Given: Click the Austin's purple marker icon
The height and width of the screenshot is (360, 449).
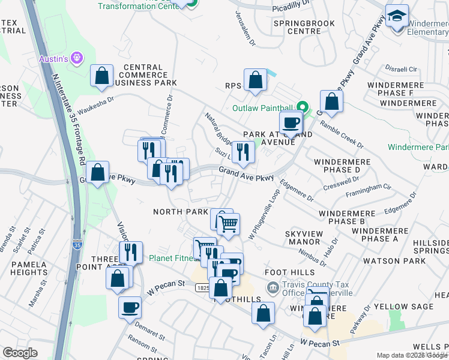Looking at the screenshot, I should [x=76, y=58].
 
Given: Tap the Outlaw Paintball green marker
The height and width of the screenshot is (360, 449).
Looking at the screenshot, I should [x=303, y=108].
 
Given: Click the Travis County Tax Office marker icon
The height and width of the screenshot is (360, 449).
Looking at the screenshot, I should [x=273, y=288].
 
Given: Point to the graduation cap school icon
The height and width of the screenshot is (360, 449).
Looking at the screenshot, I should [x=397, y=16].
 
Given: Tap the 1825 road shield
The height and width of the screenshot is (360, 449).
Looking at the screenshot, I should [x=202, y=289].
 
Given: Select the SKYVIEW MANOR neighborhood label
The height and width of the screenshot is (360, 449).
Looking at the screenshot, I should [x=304, y=237].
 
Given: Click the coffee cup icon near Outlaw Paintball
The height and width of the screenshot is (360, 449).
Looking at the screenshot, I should [x=291, y=122].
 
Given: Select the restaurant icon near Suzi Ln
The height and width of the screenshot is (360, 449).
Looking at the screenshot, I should [x=243, y=151].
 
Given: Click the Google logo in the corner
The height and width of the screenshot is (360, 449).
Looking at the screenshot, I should [x=20, y=353].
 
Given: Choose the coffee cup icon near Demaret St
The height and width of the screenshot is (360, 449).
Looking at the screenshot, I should [x=130, y=308].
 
